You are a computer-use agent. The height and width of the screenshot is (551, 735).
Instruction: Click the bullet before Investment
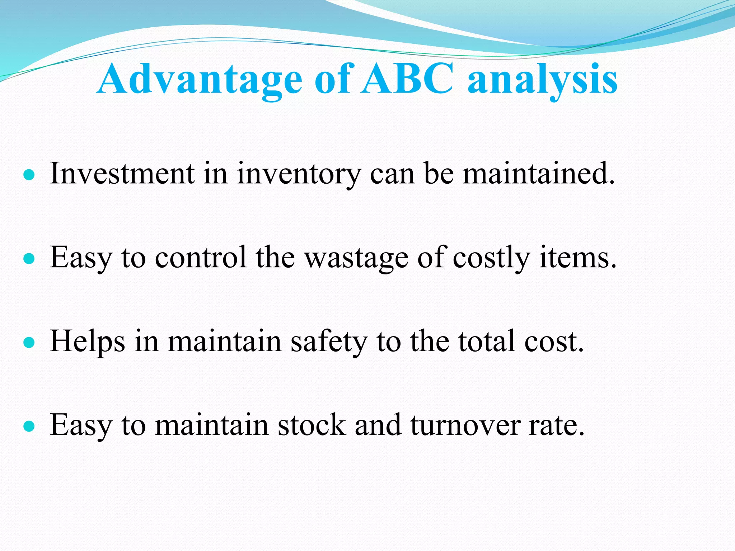pyautogui.click(x=29, y=175)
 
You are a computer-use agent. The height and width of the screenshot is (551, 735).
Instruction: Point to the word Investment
pyautogui.click(x=122, y=174)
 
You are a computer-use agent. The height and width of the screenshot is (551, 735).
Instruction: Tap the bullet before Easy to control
pyautogui.click(x=29, y=259)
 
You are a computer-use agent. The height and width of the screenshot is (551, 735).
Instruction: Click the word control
pyautogui.click(x=201, y=258)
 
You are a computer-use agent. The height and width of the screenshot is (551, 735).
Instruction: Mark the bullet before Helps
pyautogui.click(x=29, y=343)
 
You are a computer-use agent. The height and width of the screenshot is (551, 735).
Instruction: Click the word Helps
pyautogui.click(x=88, y=342)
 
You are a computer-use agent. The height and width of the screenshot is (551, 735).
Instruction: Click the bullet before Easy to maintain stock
pyautogui.click(x=29, y=427)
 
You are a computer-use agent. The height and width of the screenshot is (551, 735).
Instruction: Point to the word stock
pyautogui.click(x=312, y=425)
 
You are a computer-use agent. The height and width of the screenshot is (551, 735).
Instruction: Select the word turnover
pyautogui.click(x=465, y=425)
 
